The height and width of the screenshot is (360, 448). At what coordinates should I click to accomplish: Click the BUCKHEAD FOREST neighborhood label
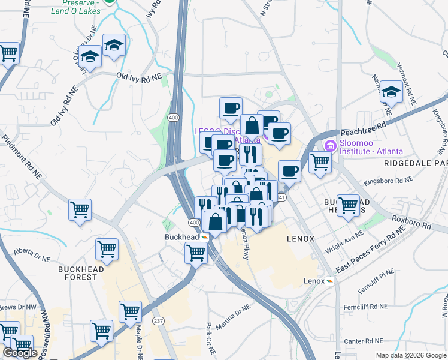(x=86, y=273)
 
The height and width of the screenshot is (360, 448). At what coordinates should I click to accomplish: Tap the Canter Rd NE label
(x=364, y=341)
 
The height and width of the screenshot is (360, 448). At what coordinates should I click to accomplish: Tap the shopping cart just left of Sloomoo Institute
(x=320, y=162)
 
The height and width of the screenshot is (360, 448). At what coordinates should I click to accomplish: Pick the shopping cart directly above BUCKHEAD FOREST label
(x=107, y=249)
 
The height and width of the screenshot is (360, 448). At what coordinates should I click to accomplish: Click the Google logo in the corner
(x=20, y=353)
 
